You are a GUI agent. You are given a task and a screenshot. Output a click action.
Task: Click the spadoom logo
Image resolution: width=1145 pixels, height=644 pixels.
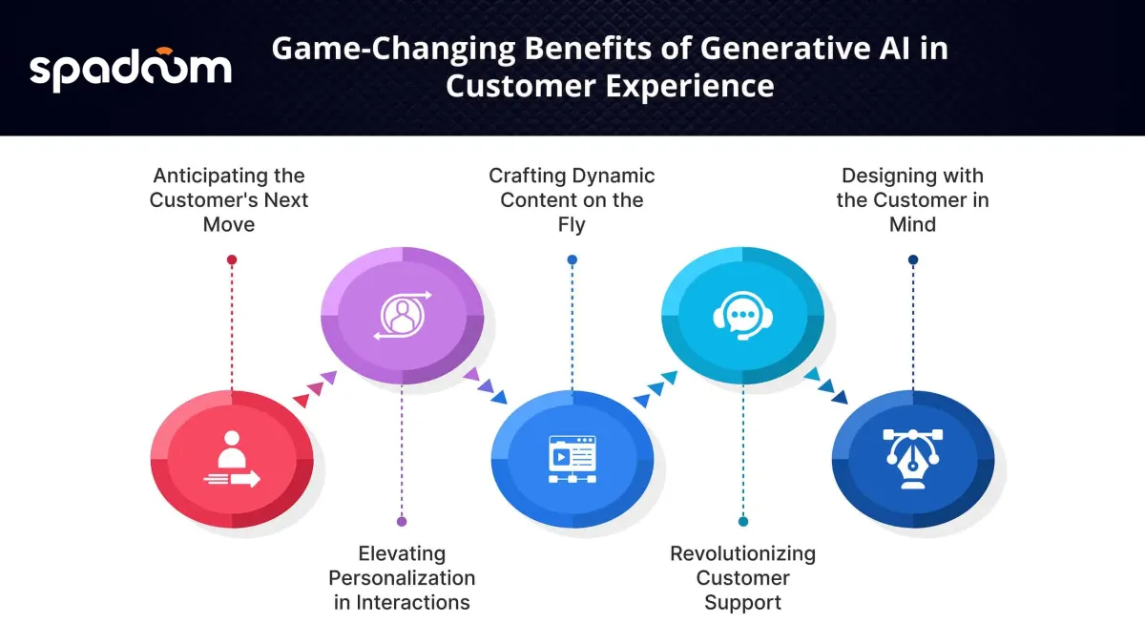tap(131, 70)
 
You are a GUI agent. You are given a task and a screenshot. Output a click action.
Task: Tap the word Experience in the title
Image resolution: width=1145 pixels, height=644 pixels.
tap(690, 86)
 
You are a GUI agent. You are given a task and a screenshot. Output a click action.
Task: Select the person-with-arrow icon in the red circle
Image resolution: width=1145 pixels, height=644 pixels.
tap(232, 459)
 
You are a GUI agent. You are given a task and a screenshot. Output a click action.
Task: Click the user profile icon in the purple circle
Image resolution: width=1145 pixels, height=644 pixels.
tap(403, 316)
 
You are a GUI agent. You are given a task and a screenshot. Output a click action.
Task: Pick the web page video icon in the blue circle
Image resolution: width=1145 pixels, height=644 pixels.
tap(572, 459)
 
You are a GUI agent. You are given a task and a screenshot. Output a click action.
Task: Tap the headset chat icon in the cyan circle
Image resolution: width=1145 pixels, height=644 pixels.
tap(742, 316)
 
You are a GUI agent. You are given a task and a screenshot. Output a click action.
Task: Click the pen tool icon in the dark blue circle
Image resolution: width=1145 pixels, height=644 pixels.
tap(913, 459)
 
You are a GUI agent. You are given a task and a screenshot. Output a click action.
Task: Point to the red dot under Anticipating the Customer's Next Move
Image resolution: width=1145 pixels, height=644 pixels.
tap(232, 260)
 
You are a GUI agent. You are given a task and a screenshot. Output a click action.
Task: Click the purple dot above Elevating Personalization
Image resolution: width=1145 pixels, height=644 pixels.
tap(402, 521)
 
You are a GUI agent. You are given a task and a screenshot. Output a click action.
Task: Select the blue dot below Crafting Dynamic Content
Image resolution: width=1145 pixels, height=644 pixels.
tap(572, 260)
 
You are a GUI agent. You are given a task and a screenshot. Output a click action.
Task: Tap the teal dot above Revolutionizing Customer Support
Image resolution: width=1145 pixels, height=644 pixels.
tap(743, 521)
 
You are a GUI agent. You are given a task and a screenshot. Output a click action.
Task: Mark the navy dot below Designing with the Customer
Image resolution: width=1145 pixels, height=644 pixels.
tap(913, 260)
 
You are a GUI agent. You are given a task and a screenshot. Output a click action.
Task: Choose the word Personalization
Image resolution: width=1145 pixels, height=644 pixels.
tap(402, 578)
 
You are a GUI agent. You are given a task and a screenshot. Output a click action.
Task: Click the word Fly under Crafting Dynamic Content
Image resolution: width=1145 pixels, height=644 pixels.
tap(572, 225)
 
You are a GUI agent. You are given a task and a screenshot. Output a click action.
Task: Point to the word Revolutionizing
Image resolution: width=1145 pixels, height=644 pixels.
tap(742, 554)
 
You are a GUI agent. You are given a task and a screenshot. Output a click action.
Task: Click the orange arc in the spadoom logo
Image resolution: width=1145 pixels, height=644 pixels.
tap(164, 51)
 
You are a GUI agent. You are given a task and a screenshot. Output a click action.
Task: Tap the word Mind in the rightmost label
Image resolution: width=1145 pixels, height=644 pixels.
tap(912, 225)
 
